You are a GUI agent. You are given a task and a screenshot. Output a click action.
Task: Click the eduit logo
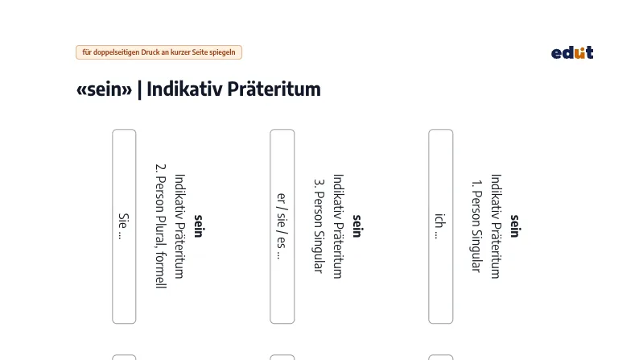[572, 52]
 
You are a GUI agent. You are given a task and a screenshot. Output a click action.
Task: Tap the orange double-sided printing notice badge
[159, 52]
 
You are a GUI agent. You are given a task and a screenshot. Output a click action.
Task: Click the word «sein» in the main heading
[105, 89]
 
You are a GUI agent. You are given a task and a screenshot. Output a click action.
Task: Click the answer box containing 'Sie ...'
[124, 226]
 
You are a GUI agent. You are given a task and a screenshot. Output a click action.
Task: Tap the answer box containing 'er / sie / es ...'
[282, 226]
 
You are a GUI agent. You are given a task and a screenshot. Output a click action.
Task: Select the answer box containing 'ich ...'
[440, 226]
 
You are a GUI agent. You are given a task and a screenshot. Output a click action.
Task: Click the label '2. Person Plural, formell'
[161, 226]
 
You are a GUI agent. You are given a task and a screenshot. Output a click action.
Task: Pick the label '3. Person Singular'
[319, 226]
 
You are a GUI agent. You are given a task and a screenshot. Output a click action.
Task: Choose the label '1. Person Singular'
[476, 226]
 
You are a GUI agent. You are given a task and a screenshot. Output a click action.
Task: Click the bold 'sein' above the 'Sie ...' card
[198, 226]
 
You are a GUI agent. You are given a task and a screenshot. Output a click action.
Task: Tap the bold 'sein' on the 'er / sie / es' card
[357, 226]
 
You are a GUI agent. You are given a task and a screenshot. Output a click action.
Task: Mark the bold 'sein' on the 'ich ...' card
[514, 226]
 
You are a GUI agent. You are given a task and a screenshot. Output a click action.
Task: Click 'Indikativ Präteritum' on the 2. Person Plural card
[179, 226]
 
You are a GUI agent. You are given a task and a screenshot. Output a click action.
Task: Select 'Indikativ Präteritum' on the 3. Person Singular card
[338, 226]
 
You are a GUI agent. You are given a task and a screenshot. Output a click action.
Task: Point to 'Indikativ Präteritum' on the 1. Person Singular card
[496, 226]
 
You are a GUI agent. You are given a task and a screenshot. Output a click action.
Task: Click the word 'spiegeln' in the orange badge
[222, 52]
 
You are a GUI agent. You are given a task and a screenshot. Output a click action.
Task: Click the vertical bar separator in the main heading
[140, 89]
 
